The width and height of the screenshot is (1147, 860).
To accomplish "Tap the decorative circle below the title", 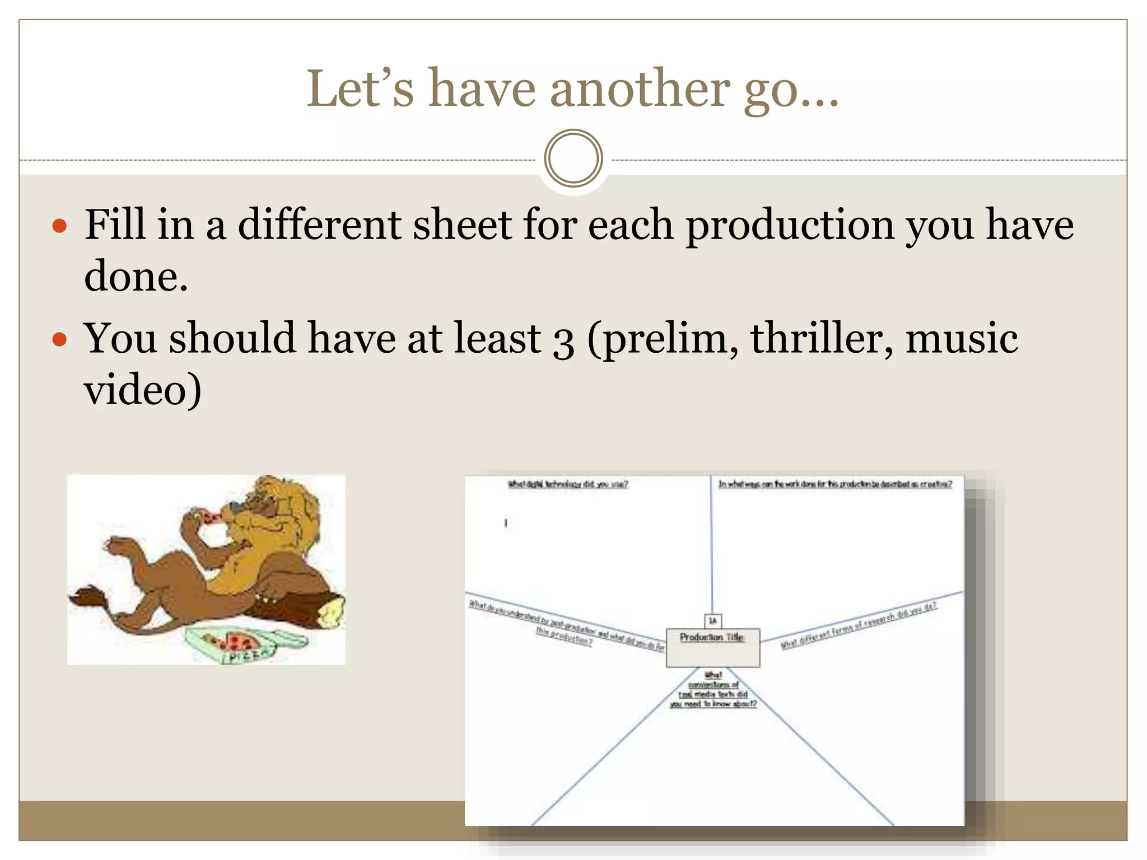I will [573, 158].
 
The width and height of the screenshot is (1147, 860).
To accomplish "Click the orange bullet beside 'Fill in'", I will [59, 226].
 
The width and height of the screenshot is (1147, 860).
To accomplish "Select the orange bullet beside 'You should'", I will [59, 339].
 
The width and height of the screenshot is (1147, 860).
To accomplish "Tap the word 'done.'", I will [136, 277].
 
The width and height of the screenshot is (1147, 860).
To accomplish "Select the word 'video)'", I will [142, 390].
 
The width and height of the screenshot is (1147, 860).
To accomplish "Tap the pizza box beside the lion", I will [246, 644].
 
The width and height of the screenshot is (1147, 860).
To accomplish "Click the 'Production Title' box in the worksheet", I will [712, 647].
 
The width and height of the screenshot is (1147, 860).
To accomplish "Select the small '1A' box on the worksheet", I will [712, 620].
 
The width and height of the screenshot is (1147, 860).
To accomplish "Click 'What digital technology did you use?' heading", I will [567, 484].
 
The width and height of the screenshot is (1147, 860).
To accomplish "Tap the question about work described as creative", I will [834, 484].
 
